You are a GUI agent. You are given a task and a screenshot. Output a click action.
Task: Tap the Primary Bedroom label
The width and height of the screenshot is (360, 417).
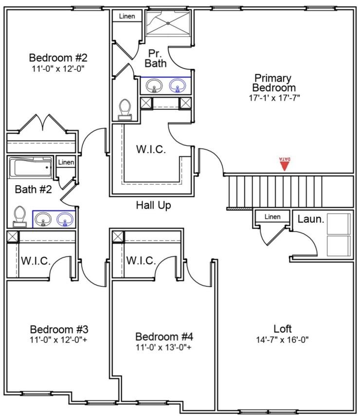click(273, 83)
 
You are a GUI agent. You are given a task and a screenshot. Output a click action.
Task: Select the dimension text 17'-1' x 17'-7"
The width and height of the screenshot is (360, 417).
click(273, 97)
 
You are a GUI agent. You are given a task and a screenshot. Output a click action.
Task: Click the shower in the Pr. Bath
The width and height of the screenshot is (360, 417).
click(168, 23)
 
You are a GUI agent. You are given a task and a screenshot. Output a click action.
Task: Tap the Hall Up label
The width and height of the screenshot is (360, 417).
click(153, 206)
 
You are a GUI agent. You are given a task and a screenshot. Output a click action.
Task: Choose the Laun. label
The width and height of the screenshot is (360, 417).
click(310, 219)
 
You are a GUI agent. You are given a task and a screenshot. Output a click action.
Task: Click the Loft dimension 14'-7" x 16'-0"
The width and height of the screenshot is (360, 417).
click(282, 340)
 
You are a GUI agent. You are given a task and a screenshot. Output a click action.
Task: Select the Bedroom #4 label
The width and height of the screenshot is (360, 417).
click(164, 337)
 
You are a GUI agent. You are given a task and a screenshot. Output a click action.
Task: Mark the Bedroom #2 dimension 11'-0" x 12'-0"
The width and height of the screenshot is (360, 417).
click(58, 68)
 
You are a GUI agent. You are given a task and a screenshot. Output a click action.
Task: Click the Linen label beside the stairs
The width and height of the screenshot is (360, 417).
click(272, 217)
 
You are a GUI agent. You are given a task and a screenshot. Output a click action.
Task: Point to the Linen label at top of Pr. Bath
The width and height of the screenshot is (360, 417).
click(127, 17)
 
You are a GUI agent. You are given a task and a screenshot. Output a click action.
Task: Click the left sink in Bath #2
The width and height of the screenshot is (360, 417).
click(43, 220)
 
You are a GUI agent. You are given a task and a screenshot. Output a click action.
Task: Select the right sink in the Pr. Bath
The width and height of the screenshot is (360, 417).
click(177, 86)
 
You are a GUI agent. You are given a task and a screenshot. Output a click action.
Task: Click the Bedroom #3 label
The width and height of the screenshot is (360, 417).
click(59, 329)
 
